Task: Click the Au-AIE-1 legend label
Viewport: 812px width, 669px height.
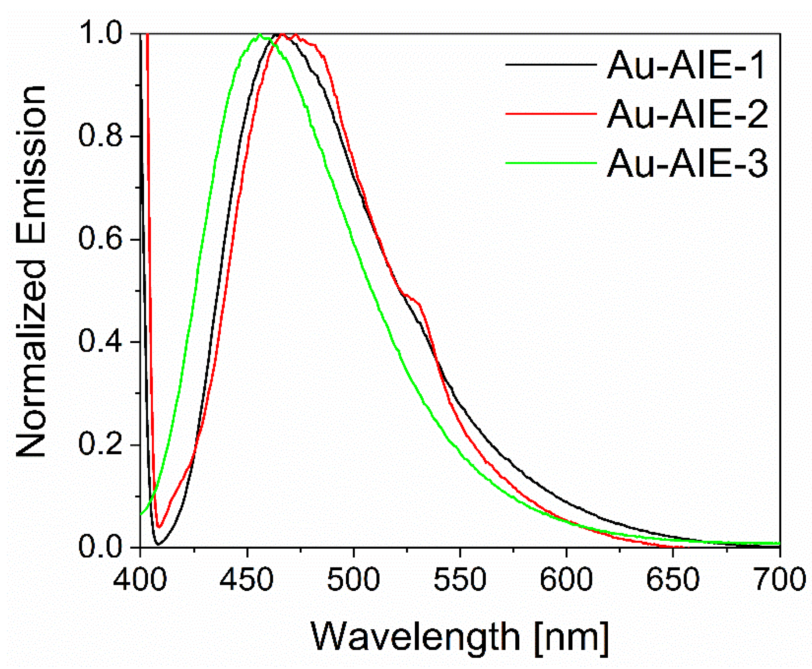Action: [685, 65]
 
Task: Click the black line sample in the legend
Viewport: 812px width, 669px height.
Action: [551, 65]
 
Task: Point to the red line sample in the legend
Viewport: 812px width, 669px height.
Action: [551, 114]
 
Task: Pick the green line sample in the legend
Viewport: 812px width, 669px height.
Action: [551, 163]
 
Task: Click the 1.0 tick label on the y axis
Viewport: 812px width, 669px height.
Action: [103, 34]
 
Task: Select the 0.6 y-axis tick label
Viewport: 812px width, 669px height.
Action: [103, 239]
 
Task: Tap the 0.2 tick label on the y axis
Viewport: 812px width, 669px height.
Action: [103, 445]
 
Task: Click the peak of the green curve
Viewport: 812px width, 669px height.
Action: [260, 35]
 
